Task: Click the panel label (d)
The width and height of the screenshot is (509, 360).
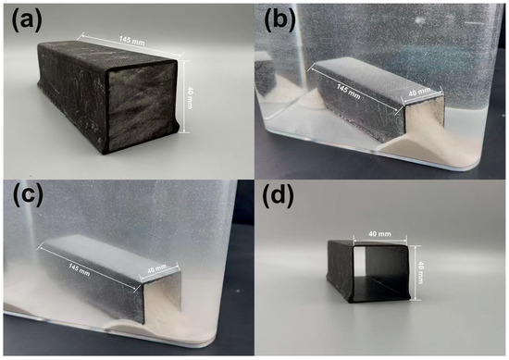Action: click(279, 196)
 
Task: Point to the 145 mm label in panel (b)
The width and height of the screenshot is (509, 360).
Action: click(348, 92)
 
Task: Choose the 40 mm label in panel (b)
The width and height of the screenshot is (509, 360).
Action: click(419, 93)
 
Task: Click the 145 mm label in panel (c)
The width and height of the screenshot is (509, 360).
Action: click(79, 269)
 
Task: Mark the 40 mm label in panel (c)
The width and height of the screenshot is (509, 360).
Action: click(156, 268)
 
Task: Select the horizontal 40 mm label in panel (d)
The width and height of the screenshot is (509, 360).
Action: click(379, 234)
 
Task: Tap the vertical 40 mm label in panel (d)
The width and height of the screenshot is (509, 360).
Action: click(420, 273)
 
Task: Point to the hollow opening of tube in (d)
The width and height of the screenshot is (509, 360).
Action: click(379, 268)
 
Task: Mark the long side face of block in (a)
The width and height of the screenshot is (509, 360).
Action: click(73, 95)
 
